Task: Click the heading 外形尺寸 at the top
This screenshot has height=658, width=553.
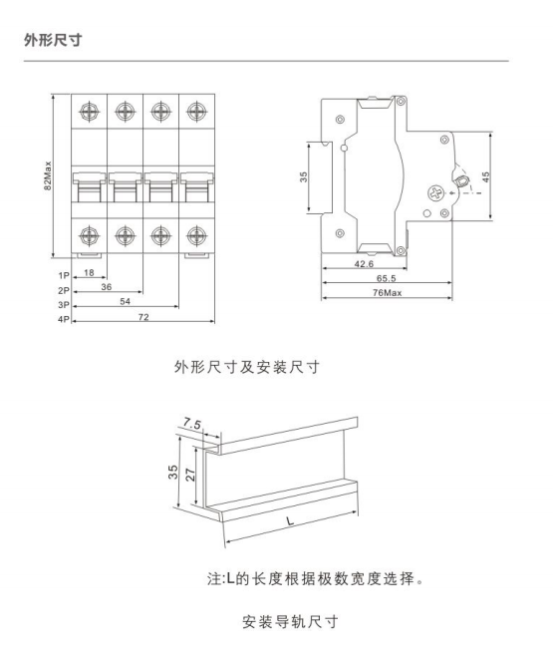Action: click(53, 40)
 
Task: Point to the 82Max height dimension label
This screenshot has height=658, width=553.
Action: click(48, 175)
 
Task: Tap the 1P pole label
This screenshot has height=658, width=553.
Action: click(64, 276)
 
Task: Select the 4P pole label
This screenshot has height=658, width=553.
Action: click(64, 319)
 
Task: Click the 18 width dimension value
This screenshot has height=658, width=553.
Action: click(89, 273)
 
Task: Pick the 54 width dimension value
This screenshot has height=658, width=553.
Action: click(125, 301)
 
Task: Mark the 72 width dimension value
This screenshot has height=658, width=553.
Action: click(143, 317)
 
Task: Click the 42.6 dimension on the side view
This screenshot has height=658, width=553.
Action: click(364, 264)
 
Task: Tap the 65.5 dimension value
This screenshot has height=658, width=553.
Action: click(387, 278)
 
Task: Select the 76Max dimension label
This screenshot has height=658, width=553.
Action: click(387, 292)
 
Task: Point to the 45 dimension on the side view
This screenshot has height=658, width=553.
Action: click(485, 176)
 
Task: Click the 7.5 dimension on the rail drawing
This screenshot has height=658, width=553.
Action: click(192, 424)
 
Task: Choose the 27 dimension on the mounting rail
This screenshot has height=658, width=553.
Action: click(190, 475)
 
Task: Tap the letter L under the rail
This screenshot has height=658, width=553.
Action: click(290, 521)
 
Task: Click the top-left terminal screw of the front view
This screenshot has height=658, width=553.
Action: click(90, 112)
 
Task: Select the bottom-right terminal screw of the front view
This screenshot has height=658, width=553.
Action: click(196, 235)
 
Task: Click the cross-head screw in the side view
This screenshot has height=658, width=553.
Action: click(435, 193)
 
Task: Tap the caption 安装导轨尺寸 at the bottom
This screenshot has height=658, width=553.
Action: click(290, 621)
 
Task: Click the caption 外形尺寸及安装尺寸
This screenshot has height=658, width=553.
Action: click(247, 367)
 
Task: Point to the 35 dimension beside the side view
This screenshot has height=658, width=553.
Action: click(303, 176)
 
